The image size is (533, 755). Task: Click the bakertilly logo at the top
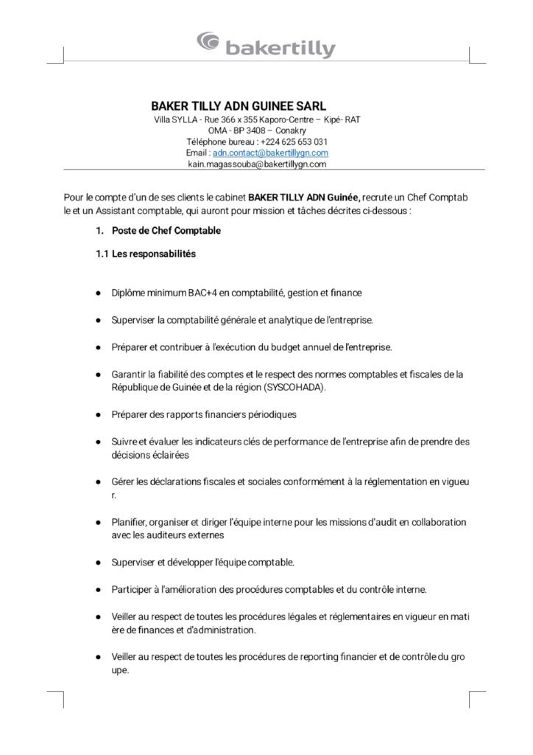(x=266, y=45)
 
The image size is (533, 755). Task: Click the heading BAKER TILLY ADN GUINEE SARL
(x=238, y=105)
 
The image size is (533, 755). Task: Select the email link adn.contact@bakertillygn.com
(x=270, y=153)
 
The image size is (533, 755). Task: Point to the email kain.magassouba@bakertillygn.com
(x=258, y=164)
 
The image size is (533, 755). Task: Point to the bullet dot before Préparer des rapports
(x=97, y=414)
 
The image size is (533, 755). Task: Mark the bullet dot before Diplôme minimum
(x=97, y=293)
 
